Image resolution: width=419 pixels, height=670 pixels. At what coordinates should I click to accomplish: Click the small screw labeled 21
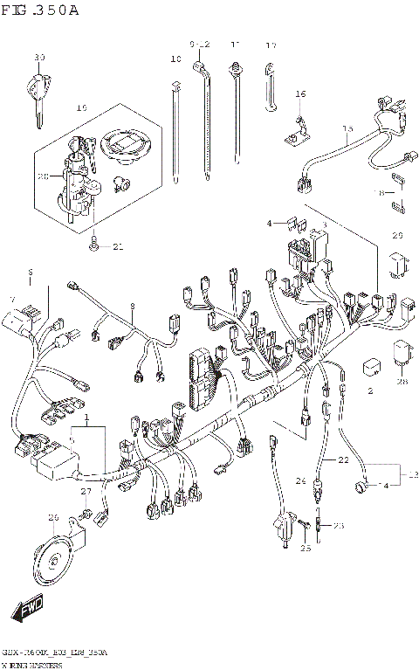[93, 245]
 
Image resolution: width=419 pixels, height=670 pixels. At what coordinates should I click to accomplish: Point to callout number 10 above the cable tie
[175, 60]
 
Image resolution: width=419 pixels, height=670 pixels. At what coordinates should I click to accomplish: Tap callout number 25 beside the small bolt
[306, 548]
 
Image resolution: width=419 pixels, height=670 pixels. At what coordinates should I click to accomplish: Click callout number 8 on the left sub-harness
[133, 307]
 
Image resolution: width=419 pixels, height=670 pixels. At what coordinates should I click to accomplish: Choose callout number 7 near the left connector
[12, 300]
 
